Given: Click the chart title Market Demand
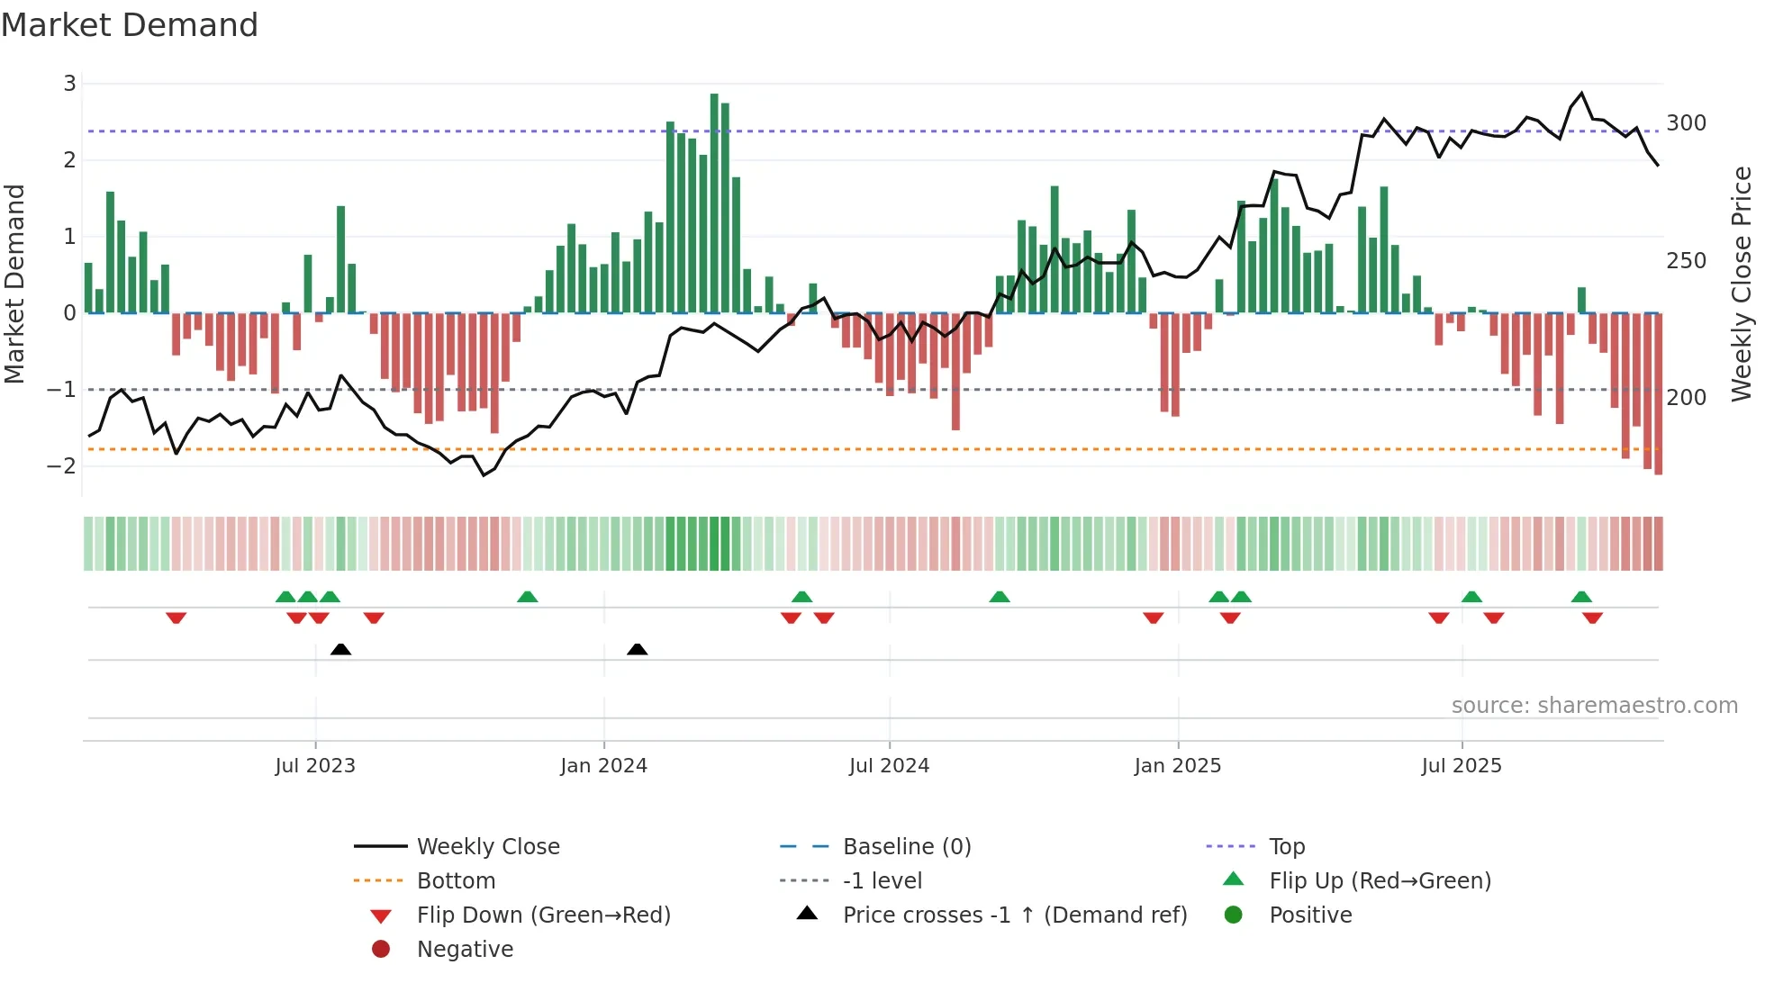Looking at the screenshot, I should [130, 25].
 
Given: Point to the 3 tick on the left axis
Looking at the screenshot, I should [69, 84].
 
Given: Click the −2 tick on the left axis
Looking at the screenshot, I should [62, 466].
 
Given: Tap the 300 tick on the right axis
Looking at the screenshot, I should [1686, 123].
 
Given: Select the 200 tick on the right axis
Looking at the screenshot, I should [1686, 398].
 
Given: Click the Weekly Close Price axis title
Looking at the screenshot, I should [1742, 284].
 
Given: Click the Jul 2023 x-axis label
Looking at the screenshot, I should [315, 766].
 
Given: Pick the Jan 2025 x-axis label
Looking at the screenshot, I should [1177, 766].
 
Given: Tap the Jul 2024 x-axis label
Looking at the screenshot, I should [889, 766].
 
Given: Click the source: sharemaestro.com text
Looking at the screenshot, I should [1594, 706].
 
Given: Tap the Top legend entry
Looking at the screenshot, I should [1287, 847].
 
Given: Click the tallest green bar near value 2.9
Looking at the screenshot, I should [714, 203].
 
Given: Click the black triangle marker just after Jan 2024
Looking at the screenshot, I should [637, 649].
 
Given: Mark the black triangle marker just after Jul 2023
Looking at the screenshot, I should [340, 649].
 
